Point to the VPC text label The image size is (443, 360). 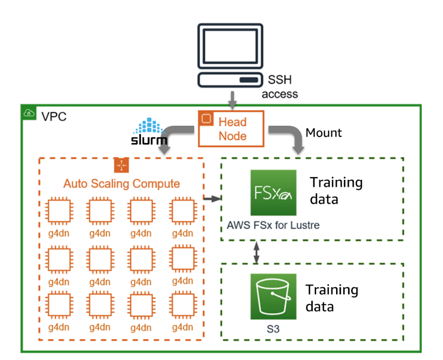[x=54, y=115]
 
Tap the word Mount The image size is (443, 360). [x=324, y=133]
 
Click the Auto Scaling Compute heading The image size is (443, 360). [x=122, y=183]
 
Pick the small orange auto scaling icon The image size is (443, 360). [x=121, y=165]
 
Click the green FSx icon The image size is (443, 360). [x=273, y=192]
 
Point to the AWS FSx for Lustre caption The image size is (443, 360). [x=273, y=225]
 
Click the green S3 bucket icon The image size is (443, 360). [x=273, y=297]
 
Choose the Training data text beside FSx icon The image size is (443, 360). [x=336, y=190]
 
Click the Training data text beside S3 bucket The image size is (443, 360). [x=331, y=297]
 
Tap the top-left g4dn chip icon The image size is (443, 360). [x=57, y=211]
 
